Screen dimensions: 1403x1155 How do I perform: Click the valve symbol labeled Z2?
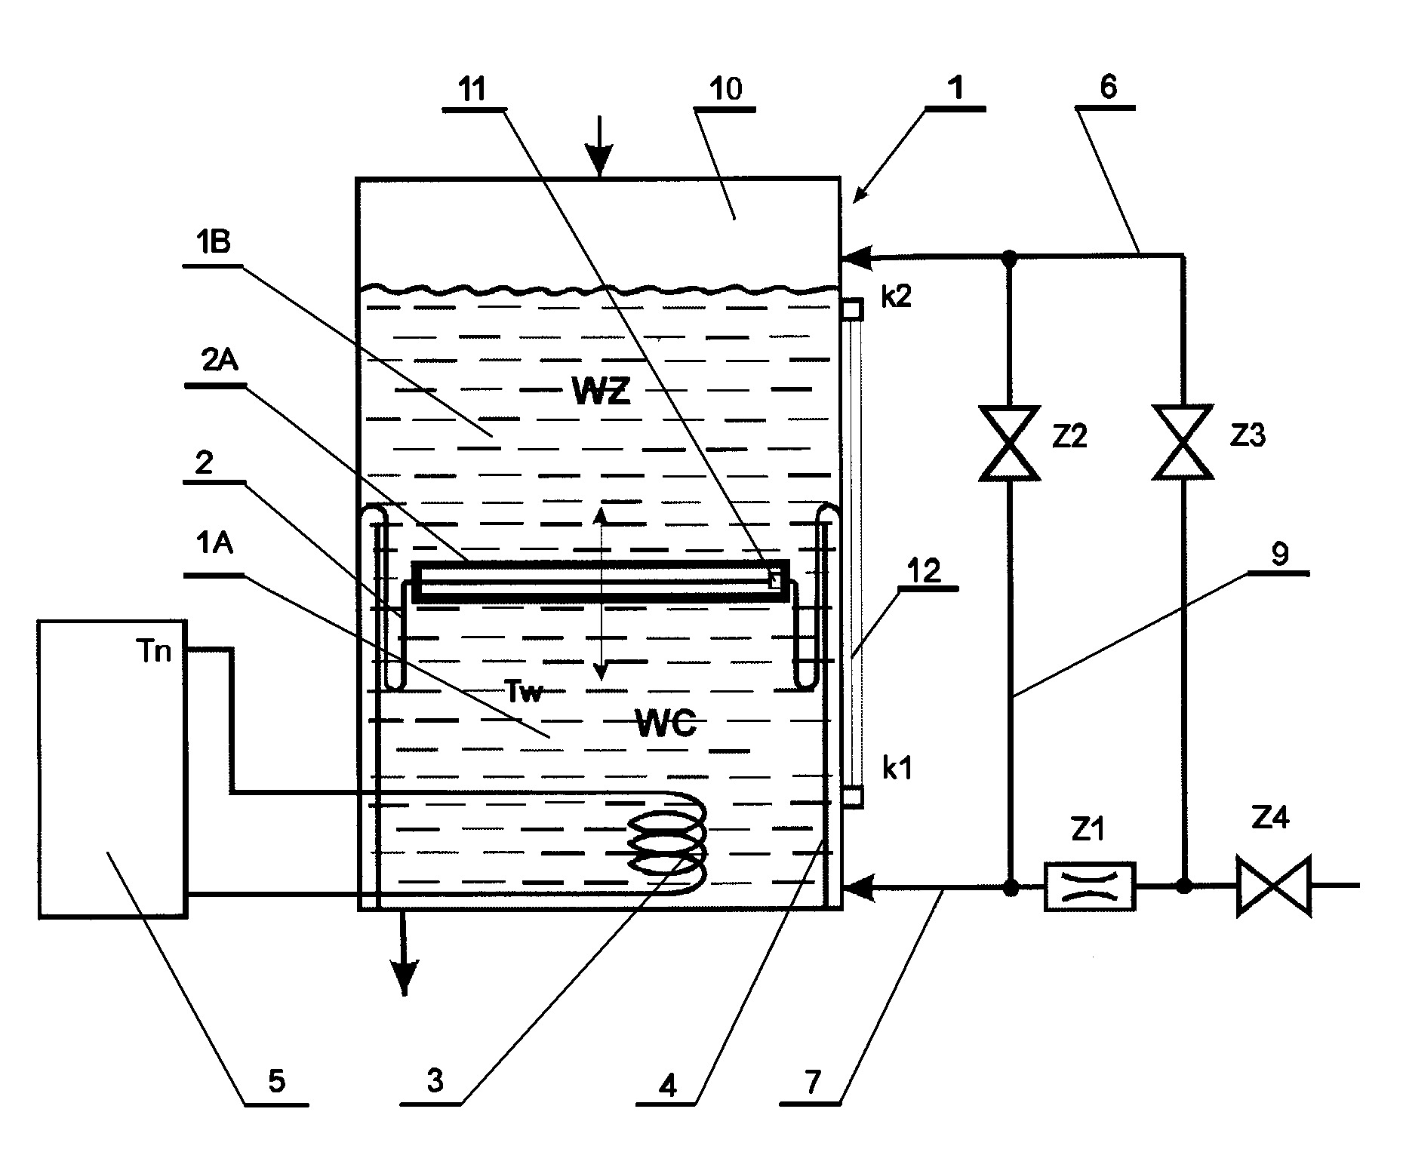(x=1009, y=443)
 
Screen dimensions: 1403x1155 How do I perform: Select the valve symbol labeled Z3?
(x=1183, y=442)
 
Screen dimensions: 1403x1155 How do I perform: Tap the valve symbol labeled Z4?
(x=1273, y=886)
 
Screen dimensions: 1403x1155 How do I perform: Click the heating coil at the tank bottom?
(x=668, y=843)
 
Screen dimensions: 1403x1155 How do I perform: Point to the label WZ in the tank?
(x=601, y=392)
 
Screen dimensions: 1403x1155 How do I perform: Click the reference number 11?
(x=472, y=89)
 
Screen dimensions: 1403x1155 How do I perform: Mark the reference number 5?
(x=276, y=1082)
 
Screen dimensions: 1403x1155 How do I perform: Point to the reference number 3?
(x=435, y=1082)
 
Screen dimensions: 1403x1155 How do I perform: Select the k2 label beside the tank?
(x=897, y=296)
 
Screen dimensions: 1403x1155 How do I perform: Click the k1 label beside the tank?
(x=897, y=770)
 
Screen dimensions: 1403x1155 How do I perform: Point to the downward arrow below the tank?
(x=405, y=952)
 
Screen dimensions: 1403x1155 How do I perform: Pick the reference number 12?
(x=926, y=571)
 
